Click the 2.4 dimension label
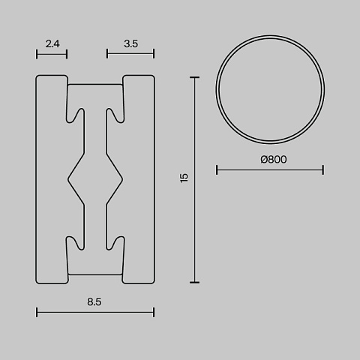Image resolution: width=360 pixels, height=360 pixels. (52, 43)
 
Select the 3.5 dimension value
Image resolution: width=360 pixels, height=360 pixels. (130, 43)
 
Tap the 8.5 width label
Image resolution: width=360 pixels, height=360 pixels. (94, 301)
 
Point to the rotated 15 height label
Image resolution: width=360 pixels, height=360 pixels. (184, 178)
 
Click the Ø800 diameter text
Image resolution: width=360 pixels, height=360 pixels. (274, 159)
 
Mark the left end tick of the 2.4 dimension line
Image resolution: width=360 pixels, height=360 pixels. (37, 54)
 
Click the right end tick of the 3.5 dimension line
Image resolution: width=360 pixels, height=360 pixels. (154, 53)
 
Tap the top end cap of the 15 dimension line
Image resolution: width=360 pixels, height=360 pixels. (194, 77)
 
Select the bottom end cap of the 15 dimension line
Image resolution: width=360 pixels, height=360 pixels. (194, 283)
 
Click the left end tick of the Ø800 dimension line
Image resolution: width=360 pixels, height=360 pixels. (217, 169)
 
